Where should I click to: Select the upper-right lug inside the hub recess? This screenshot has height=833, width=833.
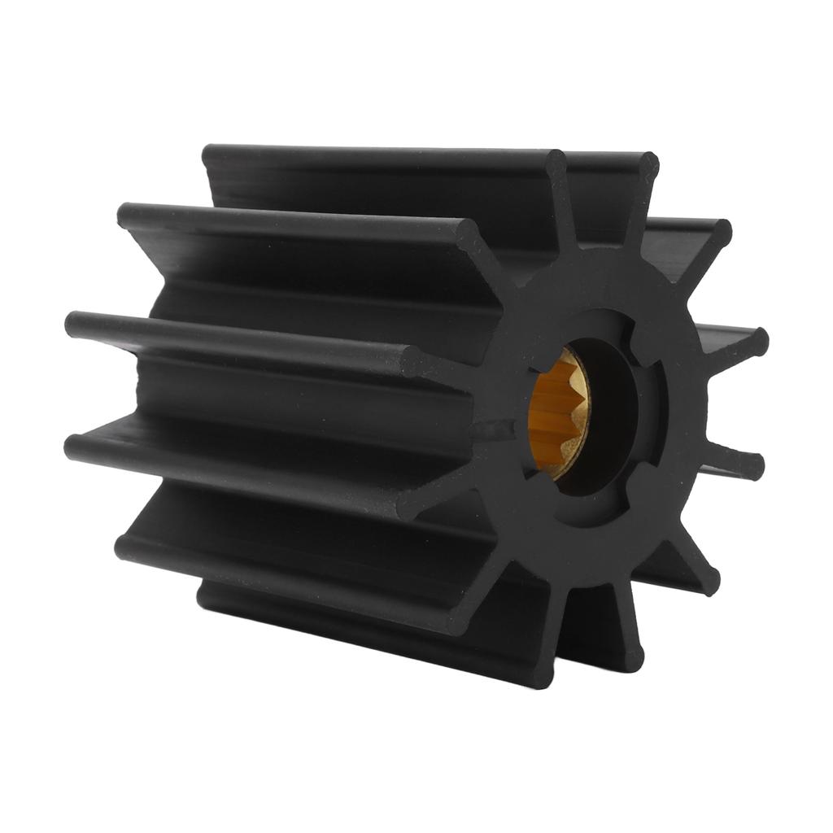[x=634, y=334]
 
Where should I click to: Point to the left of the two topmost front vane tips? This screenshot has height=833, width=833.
[x=556, y=164]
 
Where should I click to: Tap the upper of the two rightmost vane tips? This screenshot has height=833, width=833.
[x=757, y=342]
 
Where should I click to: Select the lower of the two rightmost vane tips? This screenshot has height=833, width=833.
[x=752, y=465]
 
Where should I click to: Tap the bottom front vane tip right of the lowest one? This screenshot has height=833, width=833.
[x=630, y=656]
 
